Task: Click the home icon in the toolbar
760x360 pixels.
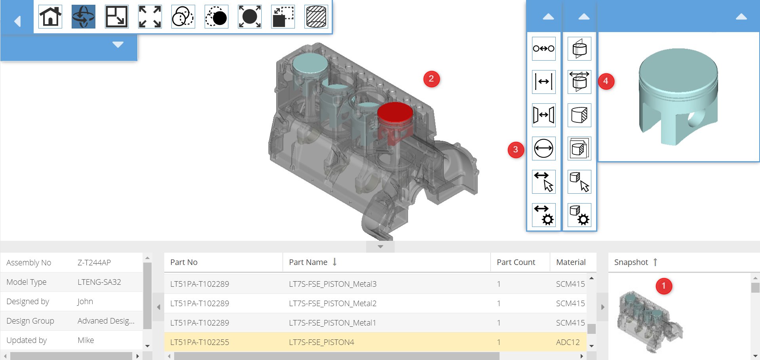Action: [50, 17]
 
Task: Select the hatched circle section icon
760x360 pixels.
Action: [316, 17]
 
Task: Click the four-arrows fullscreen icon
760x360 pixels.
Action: [150, 17]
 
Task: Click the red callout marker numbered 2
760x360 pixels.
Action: [431, 79]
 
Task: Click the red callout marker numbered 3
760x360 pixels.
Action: [515, 149]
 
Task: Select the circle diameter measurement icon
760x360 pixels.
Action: [543, 149]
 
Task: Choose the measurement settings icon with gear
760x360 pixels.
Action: [543, 215]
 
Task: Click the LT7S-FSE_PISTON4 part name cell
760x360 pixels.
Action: [321, 342]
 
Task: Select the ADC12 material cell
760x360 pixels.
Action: [568, 342]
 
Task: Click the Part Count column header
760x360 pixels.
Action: [516, 262]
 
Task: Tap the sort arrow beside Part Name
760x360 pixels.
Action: [334, 262]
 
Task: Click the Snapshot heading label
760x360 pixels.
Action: [631, 262]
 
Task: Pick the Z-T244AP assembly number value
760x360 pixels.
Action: [94, 263]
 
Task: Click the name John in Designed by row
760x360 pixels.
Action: [85, 301]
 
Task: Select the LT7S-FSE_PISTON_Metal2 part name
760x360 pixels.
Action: [332, 303]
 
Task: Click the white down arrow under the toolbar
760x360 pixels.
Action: [118, 44]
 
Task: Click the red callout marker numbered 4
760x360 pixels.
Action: [606, 81]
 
